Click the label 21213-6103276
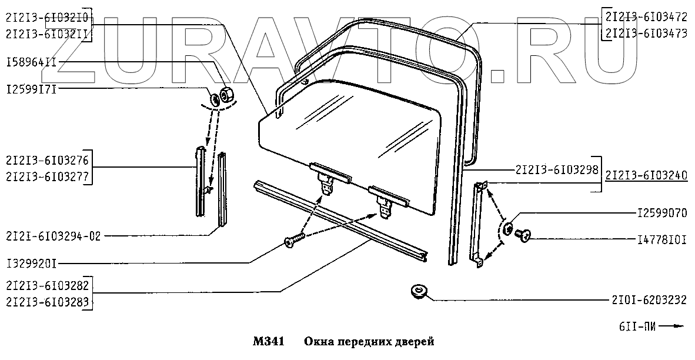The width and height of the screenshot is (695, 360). click(x=48, y=159)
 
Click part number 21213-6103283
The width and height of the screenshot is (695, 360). click(x=48, y=302)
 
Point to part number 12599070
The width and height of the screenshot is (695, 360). click(x=662, y=213)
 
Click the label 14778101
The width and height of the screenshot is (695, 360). click(x=662, y=239)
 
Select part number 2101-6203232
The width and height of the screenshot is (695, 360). click(x=649, y=300)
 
